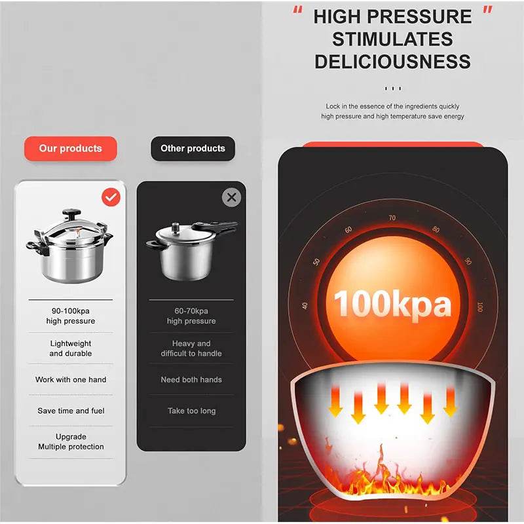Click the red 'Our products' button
click(x=71, y=149)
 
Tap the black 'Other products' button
click(x=193, y=149)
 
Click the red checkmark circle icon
click(x=111, y=196)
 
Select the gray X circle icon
click(x=231, y=197)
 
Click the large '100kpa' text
click(x=393, y=305)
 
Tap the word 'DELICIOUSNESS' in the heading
click(x=392, y=62)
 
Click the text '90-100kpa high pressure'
click(x=71, y=316)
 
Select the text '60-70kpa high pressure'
click(x=191, y=316)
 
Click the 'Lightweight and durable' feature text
click(x=71, y=348)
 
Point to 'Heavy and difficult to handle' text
click(x=191, y=348)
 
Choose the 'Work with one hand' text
click(x=71, y=380)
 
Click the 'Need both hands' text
click(x=191, y=380)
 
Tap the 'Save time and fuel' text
click(x=71, y=411)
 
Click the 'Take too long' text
click(x=191, y=411)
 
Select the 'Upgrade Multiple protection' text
click(x=71, y=441)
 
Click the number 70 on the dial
click(x=392, y=218)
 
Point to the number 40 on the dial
click(x=305, y=305)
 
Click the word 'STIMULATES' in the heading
click(x=392, y=39)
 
